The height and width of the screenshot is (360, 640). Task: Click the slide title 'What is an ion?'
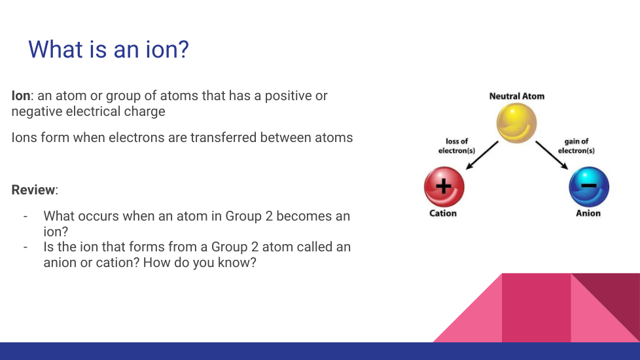coord(109,49)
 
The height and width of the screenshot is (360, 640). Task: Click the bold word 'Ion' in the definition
coord(21,96)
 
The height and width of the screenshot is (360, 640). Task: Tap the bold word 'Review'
coord(33,190)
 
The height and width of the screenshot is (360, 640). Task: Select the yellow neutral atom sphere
coord(516,123)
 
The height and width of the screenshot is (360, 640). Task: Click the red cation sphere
coord(444,187)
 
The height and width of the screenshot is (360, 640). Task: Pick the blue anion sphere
coord(589,187)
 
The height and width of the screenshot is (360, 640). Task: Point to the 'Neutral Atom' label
coord(517,96)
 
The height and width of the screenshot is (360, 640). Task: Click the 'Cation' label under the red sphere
coord(443,213)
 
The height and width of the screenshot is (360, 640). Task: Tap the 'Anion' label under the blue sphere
coord(588,213)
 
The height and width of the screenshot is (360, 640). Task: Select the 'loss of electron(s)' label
coord(457,146)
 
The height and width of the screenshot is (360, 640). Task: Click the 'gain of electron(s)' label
coord(577,146)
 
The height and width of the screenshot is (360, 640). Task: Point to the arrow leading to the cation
coord(482,155)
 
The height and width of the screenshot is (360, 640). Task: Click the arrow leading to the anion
coord(552,155)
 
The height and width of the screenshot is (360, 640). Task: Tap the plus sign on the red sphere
coord(444,187)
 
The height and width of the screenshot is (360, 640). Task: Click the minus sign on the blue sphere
coord(588,185)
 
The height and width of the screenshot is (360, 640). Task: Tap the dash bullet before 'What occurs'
coord(26,216)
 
